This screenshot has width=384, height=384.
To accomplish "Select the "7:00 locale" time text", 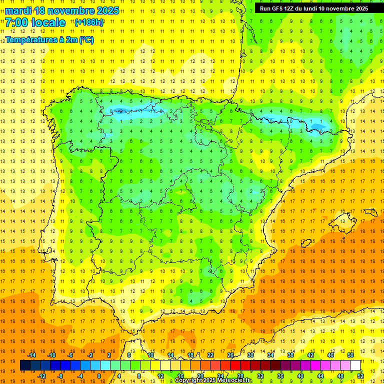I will click(35, 22).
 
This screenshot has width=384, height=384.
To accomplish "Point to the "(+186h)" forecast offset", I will click(88, 22).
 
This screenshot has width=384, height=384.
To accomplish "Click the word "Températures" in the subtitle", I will click(30, 40).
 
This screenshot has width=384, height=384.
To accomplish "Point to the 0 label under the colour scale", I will click(99, 376).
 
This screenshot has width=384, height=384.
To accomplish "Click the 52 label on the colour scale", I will click(360, 376).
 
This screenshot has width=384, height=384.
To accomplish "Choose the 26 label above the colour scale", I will click(230, 355).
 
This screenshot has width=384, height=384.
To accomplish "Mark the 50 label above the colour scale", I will click(350, 355).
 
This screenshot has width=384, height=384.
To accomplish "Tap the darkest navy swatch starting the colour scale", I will click(25, 365).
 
